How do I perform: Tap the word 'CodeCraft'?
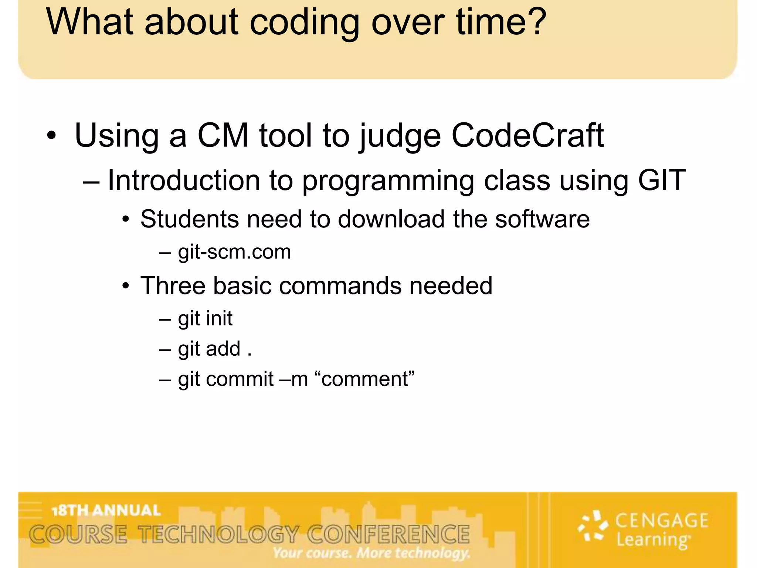point(527,135)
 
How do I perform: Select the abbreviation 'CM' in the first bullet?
point(223,135)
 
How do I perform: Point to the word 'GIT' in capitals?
point(662,180)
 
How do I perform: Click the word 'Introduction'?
point(184,180)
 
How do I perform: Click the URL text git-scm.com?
point(234,252)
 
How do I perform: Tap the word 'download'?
point(391,219)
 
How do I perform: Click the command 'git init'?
point(205,319)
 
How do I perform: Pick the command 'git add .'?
point(215,349)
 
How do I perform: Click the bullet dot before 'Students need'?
point(126,220)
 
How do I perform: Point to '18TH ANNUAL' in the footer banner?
point(106,511)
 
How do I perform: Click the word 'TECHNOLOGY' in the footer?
point(218,535)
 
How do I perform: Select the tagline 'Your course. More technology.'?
point(371,553)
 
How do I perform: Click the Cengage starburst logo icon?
point(593,526)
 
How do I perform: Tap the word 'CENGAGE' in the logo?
point(662,521)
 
